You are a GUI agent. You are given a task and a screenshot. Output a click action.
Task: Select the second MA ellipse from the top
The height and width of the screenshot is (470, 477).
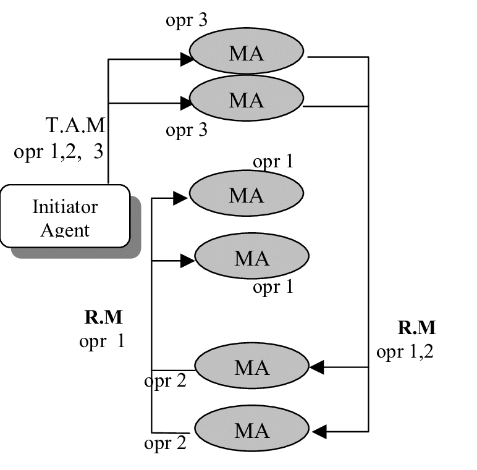(246, 99)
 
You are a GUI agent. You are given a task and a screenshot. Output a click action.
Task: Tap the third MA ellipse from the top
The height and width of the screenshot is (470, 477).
(246, 195)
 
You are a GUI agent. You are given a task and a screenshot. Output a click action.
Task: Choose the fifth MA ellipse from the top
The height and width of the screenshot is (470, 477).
(251, 367)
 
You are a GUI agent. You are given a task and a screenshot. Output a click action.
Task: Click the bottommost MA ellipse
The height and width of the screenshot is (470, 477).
(251, 429)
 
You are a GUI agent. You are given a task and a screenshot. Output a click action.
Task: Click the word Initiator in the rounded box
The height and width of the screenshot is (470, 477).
(65, 206)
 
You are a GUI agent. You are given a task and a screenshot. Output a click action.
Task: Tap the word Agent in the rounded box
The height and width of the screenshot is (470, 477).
(65, 230)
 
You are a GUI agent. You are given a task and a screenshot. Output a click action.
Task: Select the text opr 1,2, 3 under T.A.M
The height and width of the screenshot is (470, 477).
(59, 151)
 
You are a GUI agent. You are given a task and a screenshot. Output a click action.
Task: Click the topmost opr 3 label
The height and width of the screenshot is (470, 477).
(186, 19)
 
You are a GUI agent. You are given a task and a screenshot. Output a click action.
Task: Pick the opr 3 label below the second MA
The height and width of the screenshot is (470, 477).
(186, 130)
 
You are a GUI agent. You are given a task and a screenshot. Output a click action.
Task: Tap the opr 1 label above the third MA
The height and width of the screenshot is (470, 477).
(273, 162)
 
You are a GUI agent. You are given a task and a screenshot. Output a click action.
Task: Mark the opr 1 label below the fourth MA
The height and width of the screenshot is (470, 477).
(273, 287)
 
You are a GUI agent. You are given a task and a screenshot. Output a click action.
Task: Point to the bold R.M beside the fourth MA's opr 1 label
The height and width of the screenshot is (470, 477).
(103, 317)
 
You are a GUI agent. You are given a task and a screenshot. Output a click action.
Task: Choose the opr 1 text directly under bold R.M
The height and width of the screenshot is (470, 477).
(102, 341)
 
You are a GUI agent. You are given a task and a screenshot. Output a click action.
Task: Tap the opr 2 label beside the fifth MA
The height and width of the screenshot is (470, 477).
(165, 381)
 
